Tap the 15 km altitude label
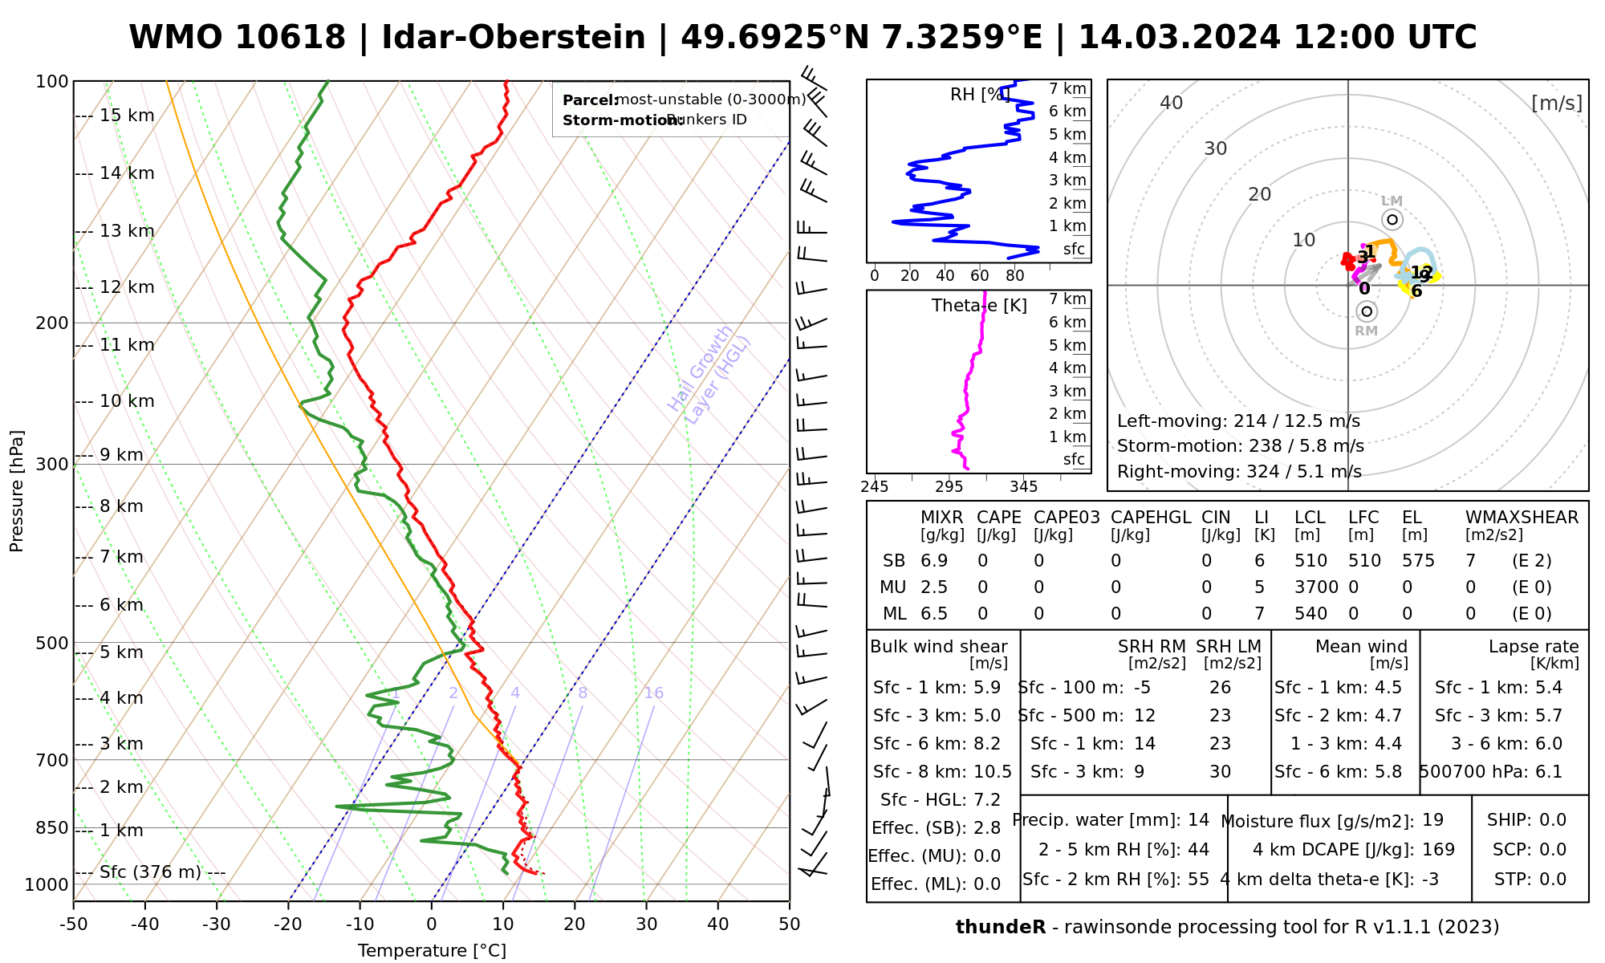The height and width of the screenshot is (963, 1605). pos(127,116)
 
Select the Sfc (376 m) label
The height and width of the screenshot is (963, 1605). pos(150,872)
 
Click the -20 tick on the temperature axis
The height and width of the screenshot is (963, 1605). pos(288,924)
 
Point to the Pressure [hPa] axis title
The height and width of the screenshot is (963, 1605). pos(17,491)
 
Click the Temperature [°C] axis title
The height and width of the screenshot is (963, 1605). pos(432,951)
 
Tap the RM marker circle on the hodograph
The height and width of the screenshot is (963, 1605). pos(1367,311)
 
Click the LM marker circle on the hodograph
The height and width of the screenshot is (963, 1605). pos(1392,220)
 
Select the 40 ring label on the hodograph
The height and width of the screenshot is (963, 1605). pos(1172,103)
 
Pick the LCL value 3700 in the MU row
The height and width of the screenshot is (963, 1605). pos(1316,587)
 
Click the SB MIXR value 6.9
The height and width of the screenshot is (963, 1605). pos(934,561)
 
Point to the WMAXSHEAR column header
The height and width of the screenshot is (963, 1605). pos(1522,518)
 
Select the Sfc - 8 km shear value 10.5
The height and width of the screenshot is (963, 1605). pos(992,772)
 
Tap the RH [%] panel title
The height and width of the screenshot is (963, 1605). pos(979,95)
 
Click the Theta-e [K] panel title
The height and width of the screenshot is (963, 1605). pos(979,306)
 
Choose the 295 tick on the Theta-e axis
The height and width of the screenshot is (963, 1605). pos(949,487)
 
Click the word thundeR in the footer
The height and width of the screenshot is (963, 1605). pos(1001,928)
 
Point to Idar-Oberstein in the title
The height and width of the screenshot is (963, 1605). pos(514,38)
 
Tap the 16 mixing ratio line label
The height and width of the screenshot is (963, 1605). pos(653,693)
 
